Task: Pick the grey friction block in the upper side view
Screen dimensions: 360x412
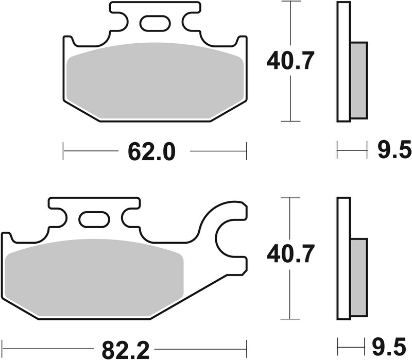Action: point(358,80)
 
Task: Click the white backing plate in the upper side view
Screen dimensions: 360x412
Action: point(343,62)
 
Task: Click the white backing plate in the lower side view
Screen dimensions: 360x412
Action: point(343,258)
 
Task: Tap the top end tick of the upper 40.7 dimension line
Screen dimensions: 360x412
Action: point(291,2)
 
